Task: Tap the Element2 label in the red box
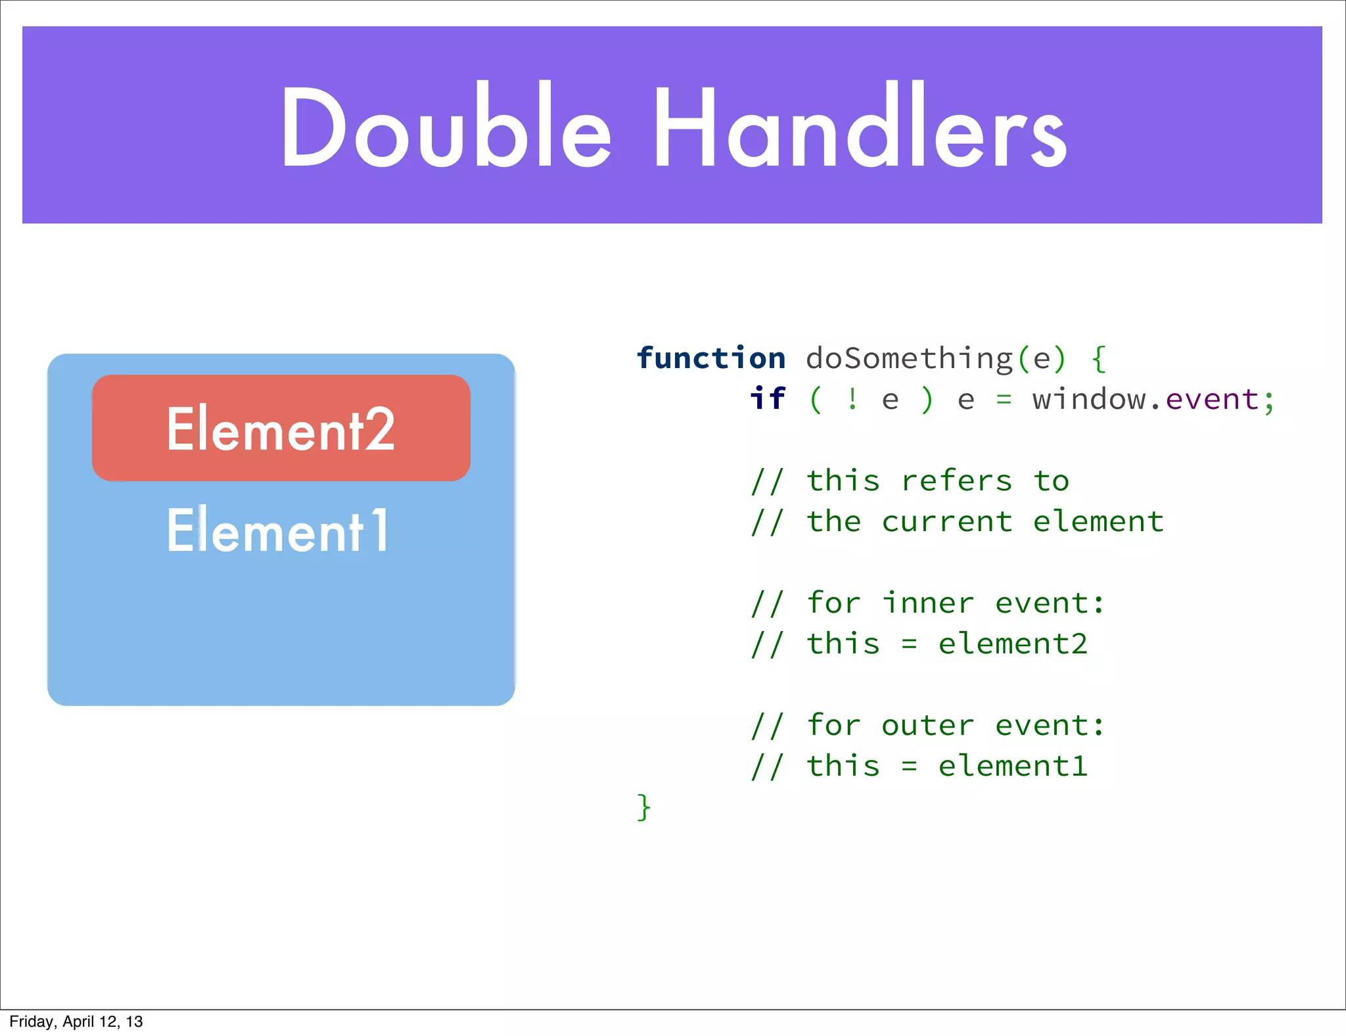click(x=281, y=429)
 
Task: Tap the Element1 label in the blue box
click(x=278, y=530)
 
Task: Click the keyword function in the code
click(x=711, y=359)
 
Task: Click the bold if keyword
click(x=768, y=399)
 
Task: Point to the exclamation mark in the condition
click(x=852, y=399)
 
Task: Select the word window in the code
click(x=1088, y=400)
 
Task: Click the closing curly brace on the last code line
click(x=644, y=807)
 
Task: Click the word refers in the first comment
click(x=956, y=481)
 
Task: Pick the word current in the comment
click(x=947, y=522)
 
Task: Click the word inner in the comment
click(x=927, y=603)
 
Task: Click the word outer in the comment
click(x=927, y=726)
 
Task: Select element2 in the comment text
click(x=1013, y=644)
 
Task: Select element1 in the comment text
click(x=1013, y=766)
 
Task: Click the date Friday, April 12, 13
click(x=76, y=1022)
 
